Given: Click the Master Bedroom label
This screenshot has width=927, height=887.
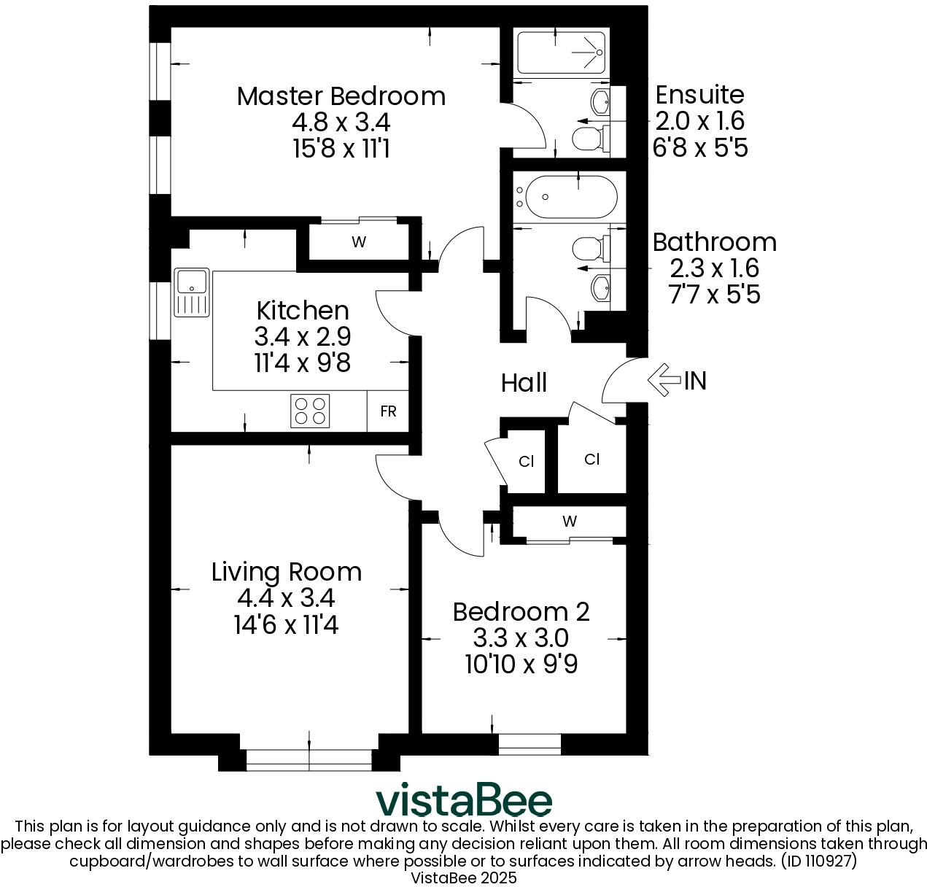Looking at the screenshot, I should tap(341, 96).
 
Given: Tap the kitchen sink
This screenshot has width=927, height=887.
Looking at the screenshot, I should tap(192, 292).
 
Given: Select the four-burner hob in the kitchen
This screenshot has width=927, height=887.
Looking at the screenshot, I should tap(310, 411).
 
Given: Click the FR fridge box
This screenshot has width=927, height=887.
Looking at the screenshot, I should tap(388, 411).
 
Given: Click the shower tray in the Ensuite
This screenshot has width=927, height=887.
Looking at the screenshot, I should tap(562, 53).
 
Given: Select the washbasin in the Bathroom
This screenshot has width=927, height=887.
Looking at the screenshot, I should tap(602, 288).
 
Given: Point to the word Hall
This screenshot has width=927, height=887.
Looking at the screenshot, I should tap(524, 383).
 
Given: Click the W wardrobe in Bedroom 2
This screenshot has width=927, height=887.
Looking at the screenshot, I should tap(570, 522).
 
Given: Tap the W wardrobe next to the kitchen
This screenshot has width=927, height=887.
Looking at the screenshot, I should tap(358, 242).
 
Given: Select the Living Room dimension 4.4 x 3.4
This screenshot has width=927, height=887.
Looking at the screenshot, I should tap(286, 598).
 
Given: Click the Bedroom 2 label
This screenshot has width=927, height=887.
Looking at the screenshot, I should tap(521, 611).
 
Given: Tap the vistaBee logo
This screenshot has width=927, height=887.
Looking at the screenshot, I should tap(464, 800).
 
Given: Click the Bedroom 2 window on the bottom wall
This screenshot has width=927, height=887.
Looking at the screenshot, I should tap(530, 744).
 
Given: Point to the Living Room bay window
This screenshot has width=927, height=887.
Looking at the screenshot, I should tap(309, 759).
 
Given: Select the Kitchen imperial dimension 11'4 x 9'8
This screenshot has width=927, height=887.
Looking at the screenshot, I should tap(303, 363).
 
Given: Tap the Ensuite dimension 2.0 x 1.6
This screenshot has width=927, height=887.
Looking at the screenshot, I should tap(699, 121).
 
